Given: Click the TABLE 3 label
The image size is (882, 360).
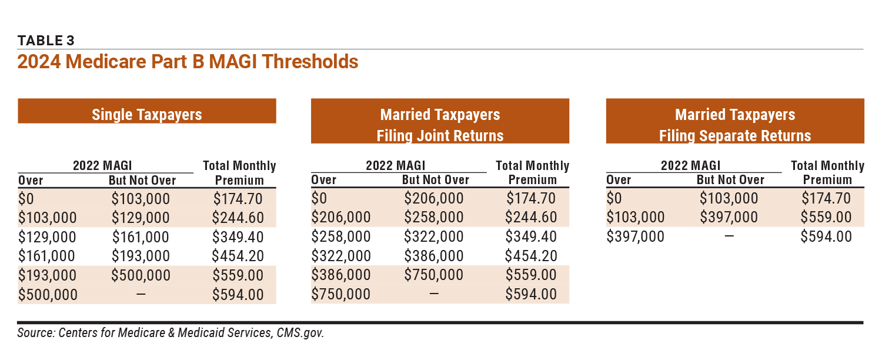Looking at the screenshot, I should [x=46, y=41].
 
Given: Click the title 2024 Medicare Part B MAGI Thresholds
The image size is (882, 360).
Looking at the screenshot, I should [x=188, y=61].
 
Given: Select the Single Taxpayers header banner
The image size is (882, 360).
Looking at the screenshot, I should [x=146, y=114].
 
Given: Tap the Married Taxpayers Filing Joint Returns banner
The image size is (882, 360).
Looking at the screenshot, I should [x=440, y=125].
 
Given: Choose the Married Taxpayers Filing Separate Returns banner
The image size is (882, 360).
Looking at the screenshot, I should [x=735, y=125].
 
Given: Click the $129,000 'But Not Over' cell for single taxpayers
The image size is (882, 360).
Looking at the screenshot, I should [x=141, y=218].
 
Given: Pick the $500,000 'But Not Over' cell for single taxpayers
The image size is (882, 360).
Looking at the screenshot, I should [x=141, y=275].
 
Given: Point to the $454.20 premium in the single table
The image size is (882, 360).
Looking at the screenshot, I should [x=239, y=256].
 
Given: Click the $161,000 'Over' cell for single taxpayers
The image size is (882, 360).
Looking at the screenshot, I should [x=46, y=256].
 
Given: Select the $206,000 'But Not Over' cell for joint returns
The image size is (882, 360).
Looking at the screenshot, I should [x=434, y=199].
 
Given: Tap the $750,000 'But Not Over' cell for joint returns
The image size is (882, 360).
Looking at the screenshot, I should [x=434, y=275].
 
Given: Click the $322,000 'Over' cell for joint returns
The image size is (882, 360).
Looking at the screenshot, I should [x=340, y=256].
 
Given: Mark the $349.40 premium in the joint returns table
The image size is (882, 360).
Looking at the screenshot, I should [x=532, y=237].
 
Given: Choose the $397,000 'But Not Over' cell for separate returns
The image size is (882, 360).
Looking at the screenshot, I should [x=729, y=218].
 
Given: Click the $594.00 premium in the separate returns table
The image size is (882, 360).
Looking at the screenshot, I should [x=827, y=237].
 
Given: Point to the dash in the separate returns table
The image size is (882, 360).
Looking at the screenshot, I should [x=729, y=237].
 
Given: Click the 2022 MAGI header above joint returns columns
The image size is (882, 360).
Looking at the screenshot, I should [x=395, y=166].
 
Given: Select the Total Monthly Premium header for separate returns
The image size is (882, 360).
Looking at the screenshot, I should [x=827, y=172].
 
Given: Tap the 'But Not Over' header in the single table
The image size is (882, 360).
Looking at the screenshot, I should [x=142, y=180].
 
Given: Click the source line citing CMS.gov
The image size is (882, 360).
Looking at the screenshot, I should [x=171, y=333].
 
